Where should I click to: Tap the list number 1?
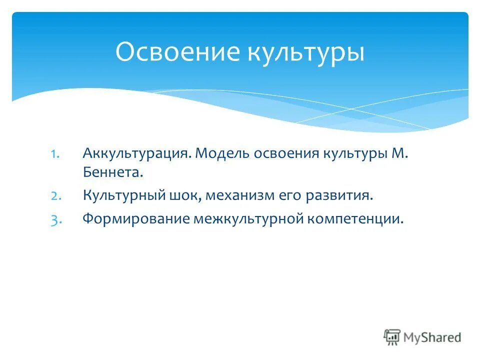click(55, 152)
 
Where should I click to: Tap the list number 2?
click(55, 195)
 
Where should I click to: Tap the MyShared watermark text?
click(433, 337)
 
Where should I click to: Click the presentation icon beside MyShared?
click(392, 337)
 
